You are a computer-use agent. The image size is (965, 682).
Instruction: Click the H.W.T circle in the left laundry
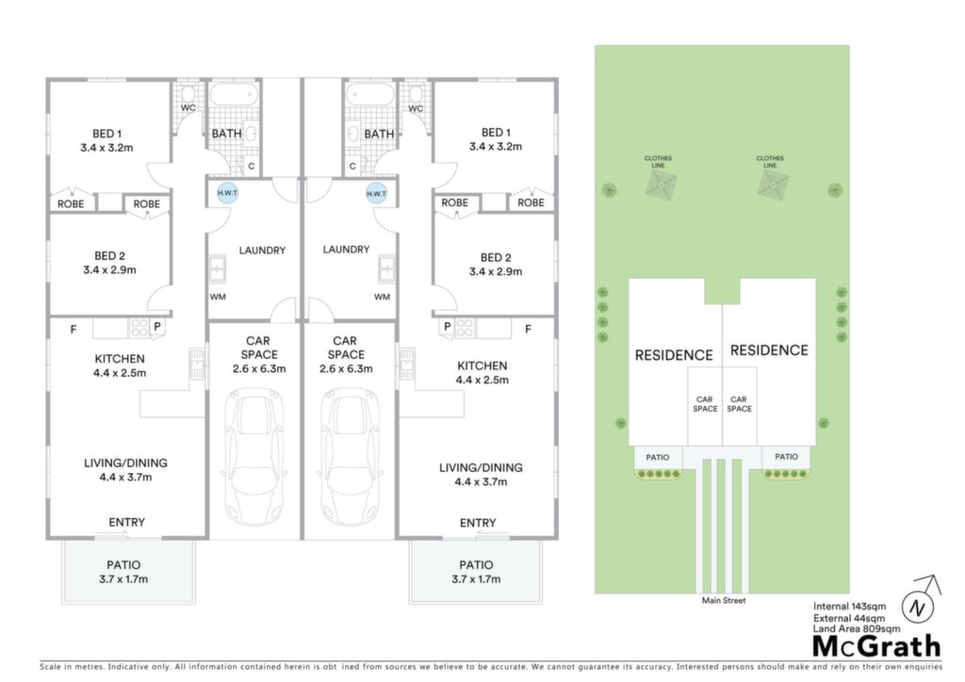click(x=228, y=192)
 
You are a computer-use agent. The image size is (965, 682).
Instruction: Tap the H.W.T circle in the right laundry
click(x=376, y=193)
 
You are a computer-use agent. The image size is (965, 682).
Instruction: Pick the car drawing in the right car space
click(x=350, y=456)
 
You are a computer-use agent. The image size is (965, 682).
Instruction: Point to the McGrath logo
click(x=877, y=645)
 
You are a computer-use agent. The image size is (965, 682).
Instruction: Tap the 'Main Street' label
click(x=724, y=600)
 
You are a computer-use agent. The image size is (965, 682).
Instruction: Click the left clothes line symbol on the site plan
click(x=661, y=185)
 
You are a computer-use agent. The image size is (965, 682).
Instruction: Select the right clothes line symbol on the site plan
click(x=773, y=185)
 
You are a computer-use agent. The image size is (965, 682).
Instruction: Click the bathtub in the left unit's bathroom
click(x=235, y=95)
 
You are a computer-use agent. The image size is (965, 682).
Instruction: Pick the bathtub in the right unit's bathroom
click(x=369, y=95)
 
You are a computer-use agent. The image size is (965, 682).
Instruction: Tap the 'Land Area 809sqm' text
click(x=856, y=628)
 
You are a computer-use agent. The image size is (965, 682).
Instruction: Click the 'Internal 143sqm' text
click(x=850, y=607)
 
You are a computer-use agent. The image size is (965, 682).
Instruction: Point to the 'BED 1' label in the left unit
click(x=107, y=134)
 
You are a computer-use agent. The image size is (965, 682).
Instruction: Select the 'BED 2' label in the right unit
click(x=496, y=258)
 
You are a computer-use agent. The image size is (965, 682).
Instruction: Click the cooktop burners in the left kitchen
click(x=139, y=327)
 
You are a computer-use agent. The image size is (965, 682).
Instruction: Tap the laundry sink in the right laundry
click(x=387, y=268)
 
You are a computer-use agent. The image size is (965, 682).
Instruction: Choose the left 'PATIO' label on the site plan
click(x=657, y=458)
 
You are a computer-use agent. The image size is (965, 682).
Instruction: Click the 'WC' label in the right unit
click(x=416, y=108)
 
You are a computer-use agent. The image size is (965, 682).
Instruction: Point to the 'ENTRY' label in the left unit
click(x=127, y=522)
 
